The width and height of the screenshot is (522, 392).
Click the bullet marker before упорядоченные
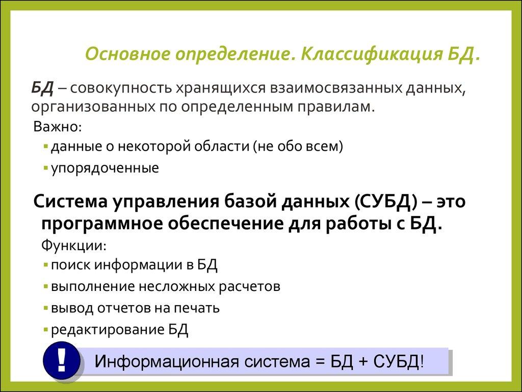[x=46, y=168]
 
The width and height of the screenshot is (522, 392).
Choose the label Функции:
[x=73, y=245]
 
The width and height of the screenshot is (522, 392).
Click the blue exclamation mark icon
[x=62, y=361]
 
